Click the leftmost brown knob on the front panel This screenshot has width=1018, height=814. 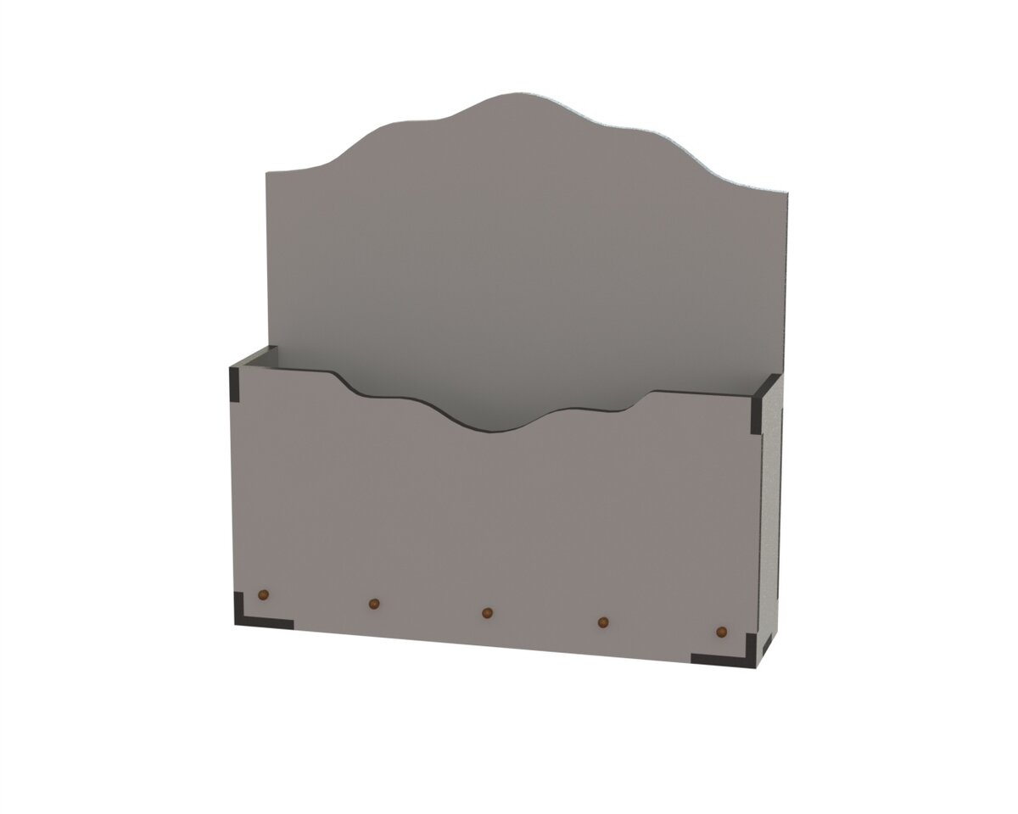[263, 594]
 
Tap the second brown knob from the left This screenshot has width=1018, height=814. [373, 604]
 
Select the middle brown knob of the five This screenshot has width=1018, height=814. [487, 612]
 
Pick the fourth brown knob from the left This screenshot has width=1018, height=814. [603, 622]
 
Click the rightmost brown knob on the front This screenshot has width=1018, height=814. [722, 633]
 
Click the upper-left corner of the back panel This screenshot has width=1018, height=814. [268, 173]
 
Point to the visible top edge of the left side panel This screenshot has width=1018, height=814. [255, 357]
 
